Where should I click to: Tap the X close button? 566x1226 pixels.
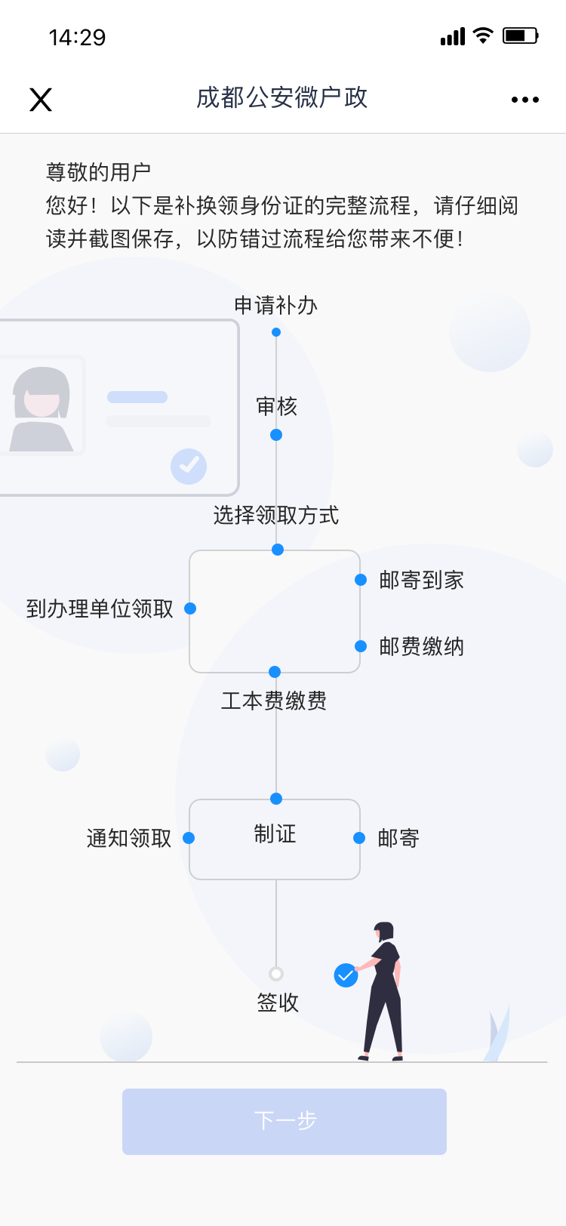coord(41,100)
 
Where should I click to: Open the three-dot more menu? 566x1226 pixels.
coord(524,100)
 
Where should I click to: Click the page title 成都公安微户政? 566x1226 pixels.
coord(281,98)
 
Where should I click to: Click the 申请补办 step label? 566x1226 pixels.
coord(275,305)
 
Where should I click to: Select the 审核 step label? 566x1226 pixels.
coord(276,407)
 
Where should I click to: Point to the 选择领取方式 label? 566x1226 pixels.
coord(275,516)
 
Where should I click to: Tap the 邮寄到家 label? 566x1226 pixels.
coord(421,580)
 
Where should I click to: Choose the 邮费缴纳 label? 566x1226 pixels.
coord(421,646)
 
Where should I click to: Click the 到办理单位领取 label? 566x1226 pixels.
coord(100,608)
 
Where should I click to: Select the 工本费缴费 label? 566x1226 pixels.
coord(274,701)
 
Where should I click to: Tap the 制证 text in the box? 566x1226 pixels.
coord(275,834)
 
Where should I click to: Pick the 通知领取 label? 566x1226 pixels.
coord(129,838)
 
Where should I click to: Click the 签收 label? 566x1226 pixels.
coord(278,1003)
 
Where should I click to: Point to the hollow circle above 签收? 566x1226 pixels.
coord(276,974)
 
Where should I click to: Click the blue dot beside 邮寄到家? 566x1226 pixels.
coord(361,580)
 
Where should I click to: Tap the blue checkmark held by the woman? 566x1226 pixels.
coord(346,975)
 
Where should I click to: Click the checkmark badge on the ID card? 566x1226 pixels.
coord(189,466)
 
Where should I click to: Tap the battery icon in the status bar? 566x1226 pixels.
coord(520,35)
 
